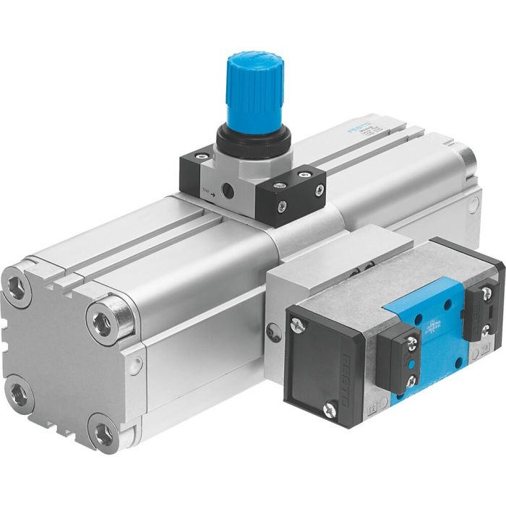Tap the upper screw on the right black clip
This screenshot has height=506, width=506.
pos(486,293)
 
